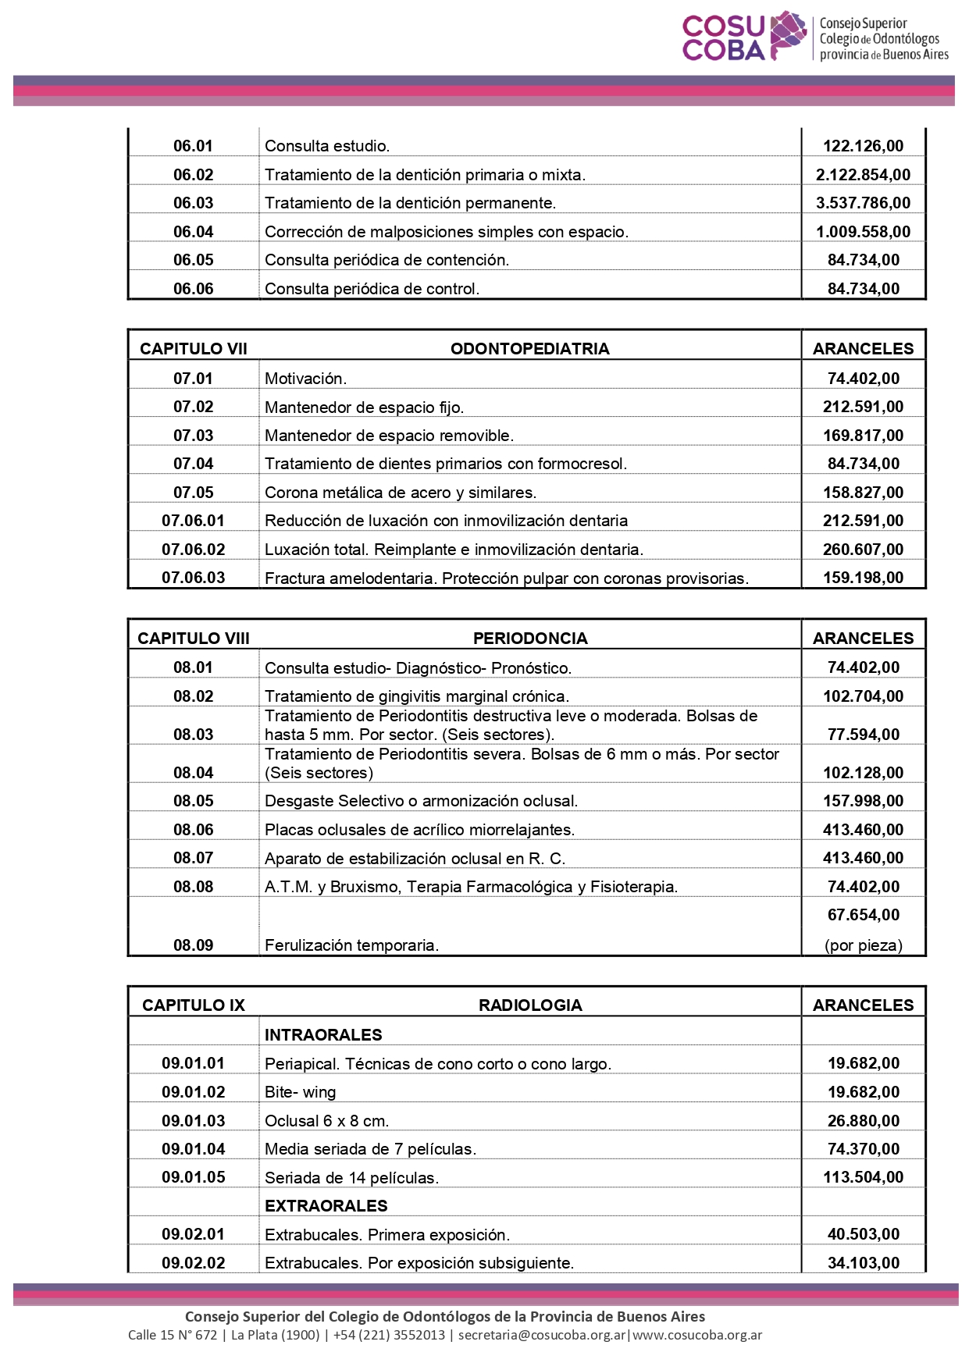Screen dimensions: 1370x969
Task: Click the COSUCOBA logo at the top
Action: pos(815,37)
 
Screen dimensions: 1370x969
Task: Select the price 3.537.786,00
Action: pos(863,203)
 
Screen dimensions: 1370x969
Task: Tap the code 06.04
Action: pos(193,232)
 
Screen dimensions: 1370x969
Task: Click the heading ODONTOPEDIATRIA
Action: pos(529,349)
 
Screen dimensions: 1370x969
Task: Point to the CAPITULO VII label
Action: pos(193,349)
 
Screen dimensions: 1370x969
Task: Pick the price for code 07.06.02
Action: pos(863,550)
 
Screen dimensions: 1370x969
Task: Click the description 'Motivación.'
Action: pos(305,379)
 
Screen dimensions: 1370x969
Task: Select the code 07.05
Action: pos(193,493)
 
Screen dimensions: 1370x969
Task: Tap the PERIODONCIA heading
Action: pos(529,639)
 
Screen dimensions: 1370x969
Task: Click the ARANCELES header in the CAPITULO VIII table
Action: pos(863,639)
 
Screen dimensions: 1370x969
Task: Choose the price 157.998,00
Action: pos(863,801)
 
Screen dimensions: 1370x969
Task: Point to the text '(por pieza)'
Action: pos(863,945)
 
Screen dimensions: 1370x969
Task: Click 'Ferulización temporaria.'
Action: pos(351,945)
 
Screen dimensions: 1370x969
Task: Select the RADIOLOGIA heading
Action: pos(529,1005)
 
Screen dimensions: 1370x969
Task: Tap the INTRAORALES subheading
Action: pos(323,1035)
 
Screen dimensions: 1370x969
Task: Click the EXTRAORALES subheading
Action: pos(326,1206)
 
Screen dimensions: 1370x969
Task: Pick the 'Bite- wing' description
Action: pos(300,1092)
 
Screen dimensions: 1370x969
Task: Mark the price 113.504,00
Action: pos(863,1177)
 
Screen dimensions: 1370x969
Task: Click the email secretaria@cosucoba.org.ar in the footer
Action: pos(542,1335)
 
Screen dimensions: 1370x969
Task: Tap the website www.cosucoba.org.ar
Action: pos(697,1335)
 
